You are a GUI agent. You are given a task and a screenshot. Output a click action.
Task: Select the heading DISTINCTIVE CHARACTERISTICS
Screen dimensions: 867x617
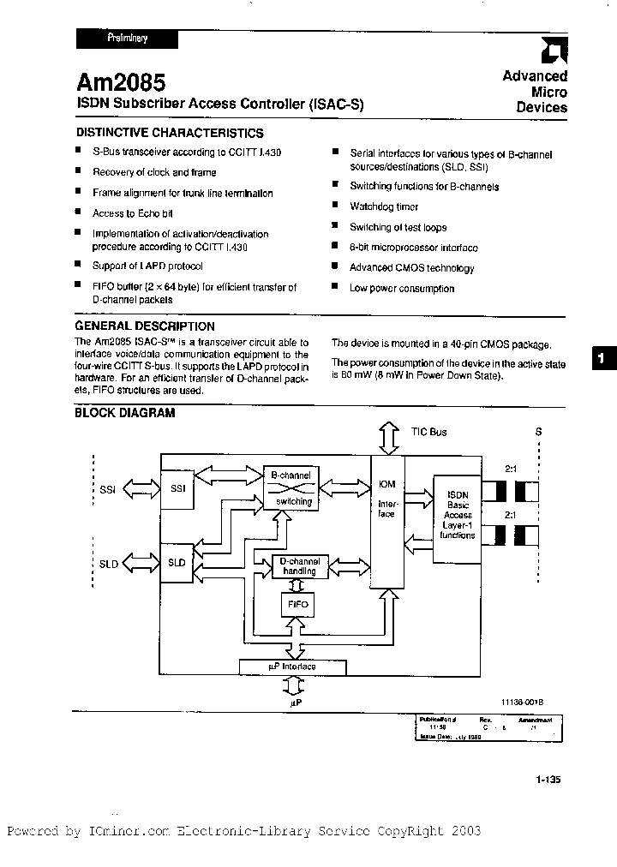(x=170, y=133)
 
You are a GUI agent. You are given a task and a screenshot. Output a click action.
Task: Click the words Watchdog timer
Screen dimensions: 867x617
(x=384, y=206)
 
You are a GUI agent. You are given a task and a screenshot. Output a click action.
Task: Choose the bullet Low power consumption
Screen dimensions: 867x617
(x=402, y=289)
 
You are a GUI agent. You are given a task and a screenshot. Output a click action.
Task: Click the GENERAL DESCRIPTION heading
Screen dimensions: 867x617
(x=145, y=326)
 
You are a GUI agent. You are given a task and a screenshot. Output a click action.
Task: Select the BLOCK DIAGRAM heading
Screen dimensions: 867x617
(x=125, y=412)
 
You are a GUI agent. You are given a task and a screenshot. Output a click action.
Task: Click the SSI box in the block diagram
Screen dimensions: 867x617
(x=177, y=489)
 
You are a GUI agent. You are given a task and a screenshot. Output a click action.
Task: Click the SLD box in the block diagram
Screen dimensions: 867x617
(x=177, y=563)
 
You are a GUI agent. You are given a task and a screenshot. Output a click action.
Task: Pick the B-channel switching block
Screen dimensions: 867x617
(x=291, y=488)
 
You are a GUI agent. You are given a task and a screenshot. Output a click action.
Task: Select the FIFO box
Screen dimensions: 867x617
(x=298, y=604)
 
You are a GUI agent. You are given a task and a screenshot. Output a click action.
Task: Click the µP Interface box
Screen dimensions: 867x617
(x=292, y=667)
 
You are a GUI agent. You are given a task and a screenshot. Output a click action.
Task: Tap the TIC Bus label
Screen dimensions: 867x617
(x=428, y=433)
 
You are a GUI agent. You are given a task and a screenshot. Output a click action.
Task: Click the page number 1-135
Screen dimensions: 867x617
(x=547, y=780)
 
